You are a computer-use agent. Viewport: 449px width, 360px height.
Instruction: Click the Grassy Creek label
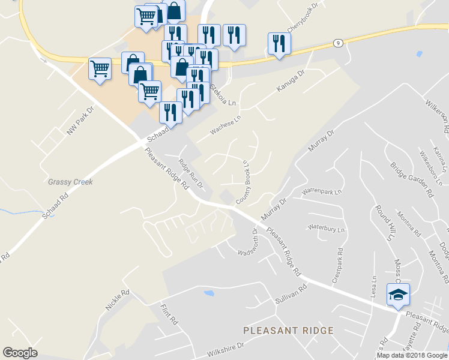(x=71, y=182)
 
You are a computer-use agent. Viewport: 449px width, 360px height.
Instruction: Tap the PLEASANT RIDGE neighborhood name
(x=288, y=331)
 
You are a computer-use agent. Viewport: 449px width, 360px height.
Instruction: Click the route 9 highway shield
(x=339, y=43)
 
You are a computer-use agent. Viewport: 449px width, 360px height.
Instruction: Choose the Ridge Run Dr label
(x=192, y=173)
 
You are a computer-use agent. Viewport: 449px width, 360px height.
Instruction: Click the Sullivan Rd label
(x=291, y=292)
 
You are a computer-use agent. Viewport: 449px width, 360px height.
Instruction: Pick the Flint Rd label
(x=170, y=314)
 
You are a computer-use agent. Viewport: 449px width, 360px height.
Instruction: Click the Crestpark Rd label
(x=337, y=265)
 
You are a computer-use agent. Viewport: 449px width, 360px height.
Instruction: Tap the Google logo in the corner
(x=20, y=353)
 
